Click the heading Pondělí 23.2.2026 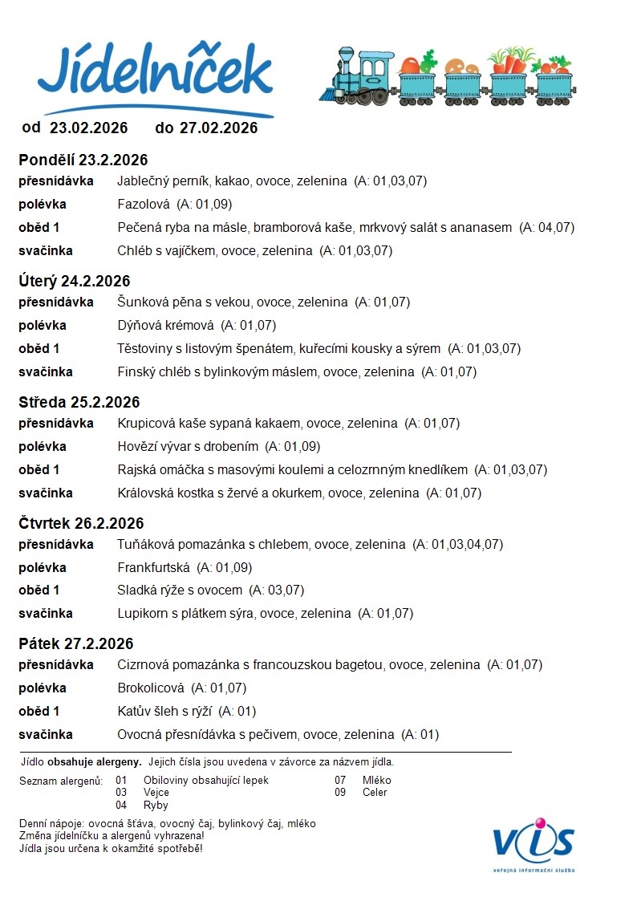pyautogui.click(x=83, y=160)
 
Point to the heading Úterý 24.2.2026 pyautogui.click(x=75, y=281)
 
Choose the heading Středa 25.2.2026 pyautogui.click(x=79, y=402)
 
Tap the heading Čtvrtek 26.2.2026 pyautogui.click(x=81, y=523)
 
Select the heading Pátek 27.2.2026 pyautogui.click(x=76, y=643)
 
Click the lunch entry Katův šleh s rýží pyautogui.click(x=164, y=711)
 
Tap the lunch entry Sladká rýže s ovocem pyautogui.click(x=180, y=591)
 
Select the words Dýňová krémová pyautogui.click(x=166, y=325)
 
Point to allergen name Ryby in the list pyautogui.click(x=156, y=806)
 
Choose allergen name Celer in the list pyautogui.click(x=375, y=793)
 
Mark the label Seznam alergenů pyautogui.click(x=55, y=780)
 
